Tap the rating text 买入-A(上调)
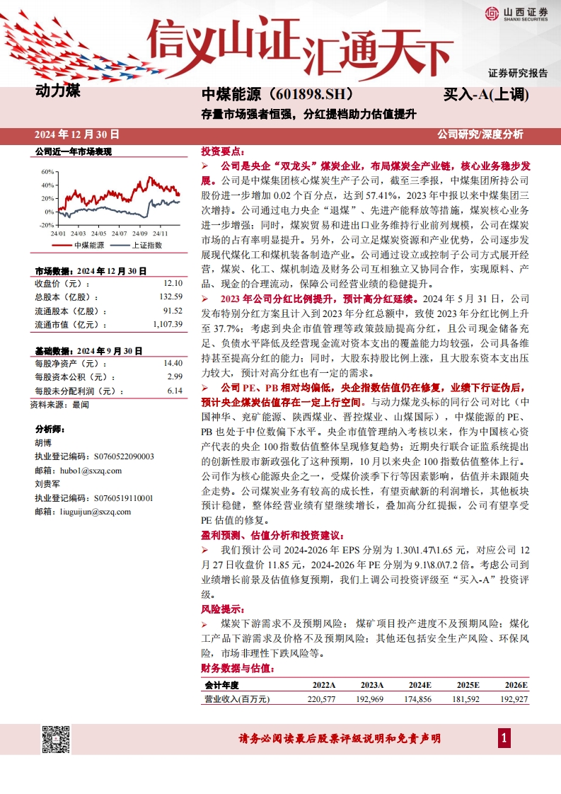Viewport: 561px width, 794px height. [x=486, y=94]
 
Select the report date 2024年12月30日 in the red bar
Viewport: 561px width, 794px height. [x=77, y=134]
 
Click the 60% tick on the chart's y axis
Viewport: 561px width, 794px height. [x=47, y=171]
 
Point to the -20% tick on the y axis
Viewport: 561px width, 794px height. [x=47, y=225]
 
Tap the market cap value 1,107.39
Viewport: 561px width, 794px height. [x=168, y=324]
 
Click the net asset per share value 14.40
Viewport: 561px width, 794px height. [x=173, y=363]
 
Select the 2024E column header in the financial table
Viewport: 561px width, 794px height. [x=420, y=685]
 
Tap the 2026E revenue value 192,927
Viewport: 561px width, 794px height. [x=514, y=699]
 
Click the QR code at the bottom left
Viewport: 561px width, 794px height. [x=56, y=739]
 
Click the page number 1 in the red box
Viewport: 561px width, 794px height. [x=504, y=739]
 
